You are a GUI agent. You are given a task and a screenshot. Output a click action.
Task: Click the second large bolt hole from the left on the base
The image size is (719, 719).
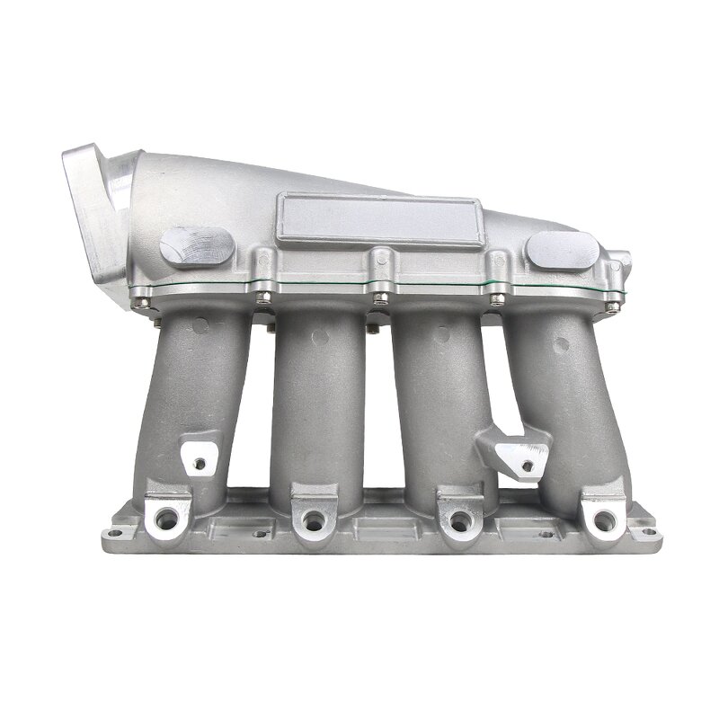click(x=312, y=519)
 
